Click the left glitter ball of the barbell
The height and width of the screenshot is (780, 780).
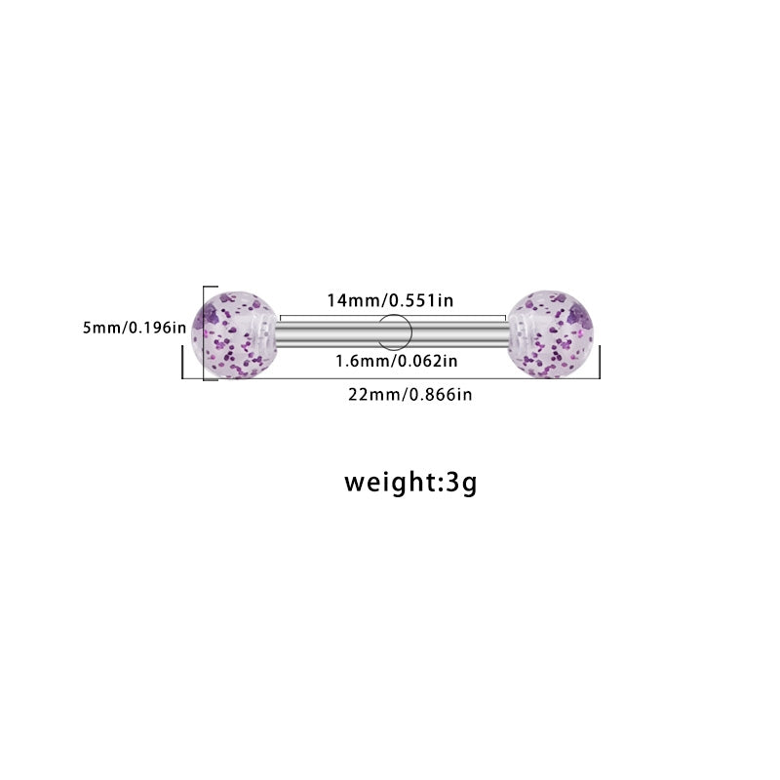pyautogui.click(x=234, y=334)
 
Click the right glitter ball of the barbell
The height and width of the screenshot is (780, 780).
pyautogui.click(x=551, y=334)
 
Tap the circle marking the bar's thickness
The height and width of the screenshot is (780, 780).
pyautogui.click(x=394, y=332)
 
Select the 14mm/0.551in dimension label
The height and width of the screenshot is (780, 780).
pyautogui.click(x=390, y=300)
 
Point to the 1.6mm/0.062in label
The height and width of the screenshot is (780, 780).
pyautogui.click(x=397, y=361)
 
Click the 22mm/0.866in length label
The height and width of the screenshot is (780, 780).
pyautogui.click(x=409, y=395)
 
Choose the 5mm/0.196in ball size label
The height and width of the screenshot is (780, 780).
pyautogui.click(x=135, y=328)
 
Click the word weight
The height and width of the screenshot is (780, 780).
pyautogui.click(x=390, y=482)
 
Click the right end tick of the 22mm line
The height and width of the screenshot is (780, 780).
pyautogui.click(x=600, y=362)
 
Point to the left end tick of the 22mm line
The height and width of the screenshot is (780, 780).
pyautogui.click(x=182, y=362)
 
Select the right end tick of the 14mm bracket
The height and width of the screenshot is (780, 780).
pyautogui.click(x=505, y=319)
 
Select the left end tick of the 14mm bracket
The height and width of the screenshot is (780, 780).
pyautogui.click(x=281, y=319)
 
